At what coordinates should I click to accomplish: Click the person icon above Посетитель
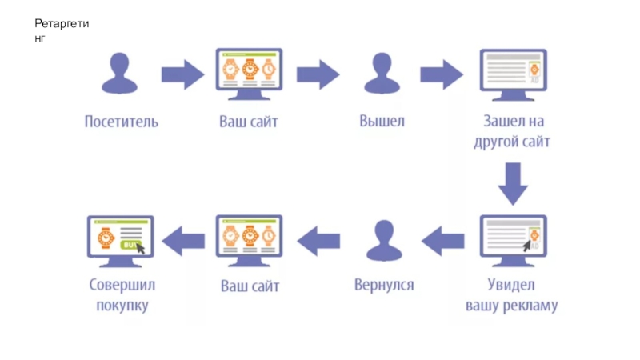coord(120,74)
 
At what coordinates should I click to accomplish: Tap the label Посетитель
coord(122,122)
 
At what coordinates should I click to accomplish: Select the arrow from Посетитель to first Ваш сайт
coord(183,74)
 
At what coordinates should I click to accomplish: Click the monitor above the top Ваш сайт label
coord(249,73)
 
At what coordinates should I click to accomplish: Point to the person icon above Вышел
coord(381,74)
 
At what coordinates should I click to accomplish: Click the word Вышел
coord(382,122)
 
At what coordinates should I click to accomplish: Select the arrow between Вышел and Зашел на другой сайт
coord(442,74)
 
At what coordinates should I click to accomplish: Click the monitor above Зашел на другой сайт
coord(512,74)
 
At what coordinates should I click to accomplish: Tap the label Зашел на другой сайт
coord(512,132)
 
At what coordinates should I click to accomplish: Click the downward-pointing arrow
coord(513,184)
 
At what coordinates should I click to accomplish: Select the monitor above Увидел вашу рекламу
coord(513,239)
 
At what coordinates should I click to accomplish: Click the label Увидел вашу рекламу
coord(512,295)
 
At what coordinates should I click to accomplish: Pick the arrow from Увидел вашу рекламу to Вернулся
coord(443,239)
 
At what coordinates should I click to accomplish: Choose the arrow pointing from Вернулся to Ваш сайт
coord(318,239)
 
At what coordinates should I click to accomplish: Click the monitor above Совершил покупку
coord(120,239)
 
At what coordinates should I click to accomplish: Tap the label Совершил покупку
coord(122,295)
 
